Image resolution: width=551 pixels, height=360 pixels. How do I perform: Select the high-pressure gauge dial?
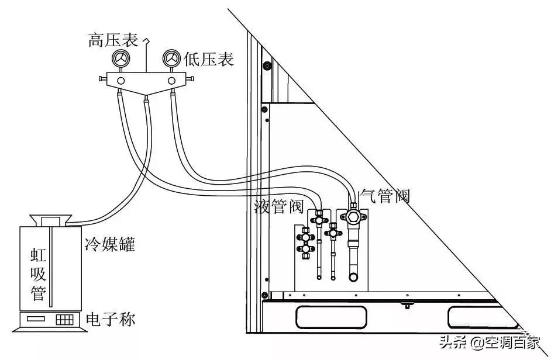(122, 59)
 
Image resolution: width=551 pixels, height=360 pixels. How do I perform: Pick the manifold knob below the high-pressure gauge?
(121, 80)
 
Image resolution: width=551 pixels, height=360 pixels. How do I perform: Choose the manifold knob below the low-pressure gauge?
(172, 80)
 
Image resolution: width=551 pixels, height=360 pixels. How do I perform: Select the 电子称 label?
(110, 320)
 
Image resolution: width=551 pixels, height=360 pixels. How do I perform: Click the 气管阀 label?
(384, 196)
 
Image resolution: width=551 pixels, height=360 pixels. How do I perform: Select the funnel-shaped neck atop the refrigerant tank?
(49, 221)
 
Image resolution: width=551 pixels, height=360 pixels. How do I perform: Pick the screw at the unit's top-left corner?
(267, 65)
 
